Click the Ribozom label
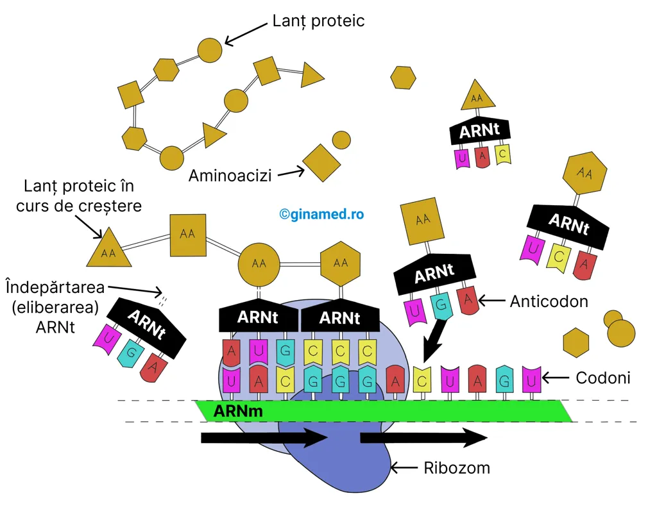pyautogui.click(x=457, y=467)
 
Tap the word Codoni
pyautogui.click(x=602, y=378)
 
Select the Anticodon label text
pyautogui.click(x=549, y=301)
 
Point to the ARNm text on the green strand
pyautogui.click(x=238, y=411)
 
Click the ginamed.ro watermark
pyautogui.click(x=321, y=214)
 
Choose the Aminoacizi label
pyautogui.click(x=230, y=176)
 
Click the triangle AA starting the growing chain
pyautogui.click(x=109, y=248)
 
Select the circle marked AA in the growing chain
pyautogui.click(x=259, y=263)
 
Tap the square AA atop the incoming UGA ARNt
pyautogui.click(x=422, y=221)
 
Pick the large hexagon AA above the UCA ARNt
pyautogui.click(x=584, y=173)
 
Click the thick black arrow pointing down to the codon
pyautogui.click(x=434, y=339)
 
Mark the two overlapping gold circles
pyautogui.click(x=619, y=329)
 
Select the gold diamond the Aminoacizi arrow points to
pyautogui.click(x=322, y=163)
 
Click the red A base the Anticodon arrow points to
pyautogui.click(x=468, y=300)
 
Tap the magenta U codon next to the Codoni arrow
pyautogui.click(x=531, y=380)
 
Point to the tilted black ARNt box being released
pyautogui.click(x=147, y=328)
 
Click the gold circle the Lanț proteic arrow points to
pyautogui.click(x=210, y=50)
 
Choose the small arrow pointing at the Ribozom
pyautogui.click(x=404, y=467)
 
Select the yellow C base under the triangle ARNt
pyautogui.click(x=502, y=155)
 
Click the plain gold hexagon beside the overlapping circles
pyautogui.click(x=576, y=342)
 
